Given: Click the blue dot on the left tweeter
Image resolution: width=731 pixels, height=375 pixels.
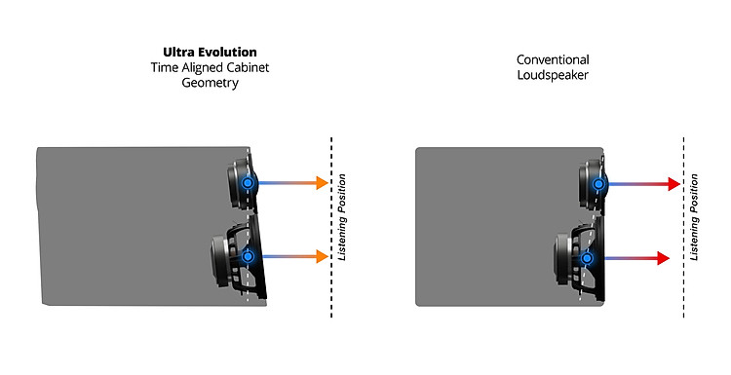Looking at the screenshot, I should [x=248, y=182].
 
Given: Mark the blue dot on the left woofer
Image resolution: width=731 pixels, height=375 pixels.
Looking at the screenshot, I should [x=248, y=256].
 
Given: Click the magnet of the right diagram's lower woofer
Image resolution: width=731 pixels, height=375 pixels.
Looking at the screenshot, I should [x=560, y=257].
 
